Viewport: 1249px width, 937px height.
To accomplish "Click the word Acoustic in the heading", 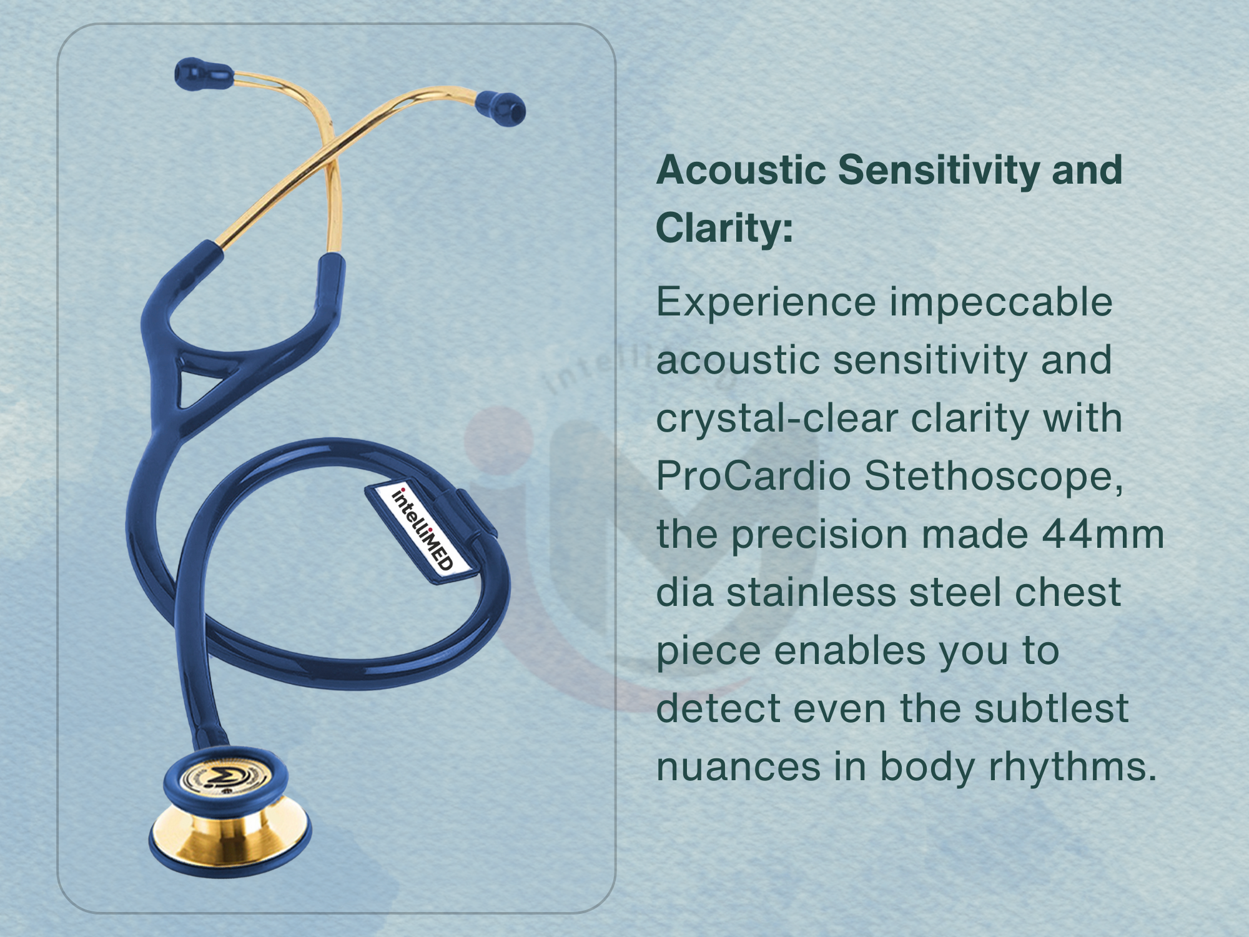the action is click(741, 170).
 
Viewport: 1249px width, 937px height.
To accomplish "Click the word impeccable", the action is click(1001, 303).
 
